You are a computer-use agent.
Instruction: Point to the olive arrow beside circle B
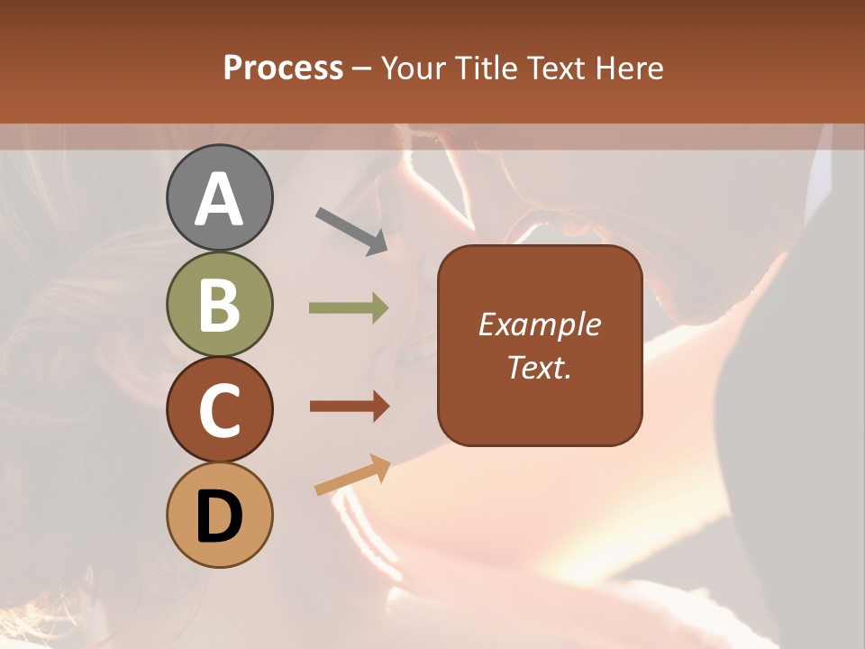[x=349, y=308]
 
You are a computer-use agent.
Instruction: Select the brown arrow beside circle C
[x=349, y=407]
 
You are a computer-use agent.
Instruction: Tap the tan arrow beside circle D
[x=352, y=475]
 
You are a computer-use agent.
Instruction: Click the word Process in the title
[x=283, y=69]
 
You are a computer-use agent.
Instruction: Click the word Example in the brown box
[x=540, y=324]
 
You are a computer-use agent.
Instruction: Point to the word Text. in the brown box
[x=540, y=367]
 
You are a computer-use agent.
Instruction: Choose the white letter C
[x=220, y=411]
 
